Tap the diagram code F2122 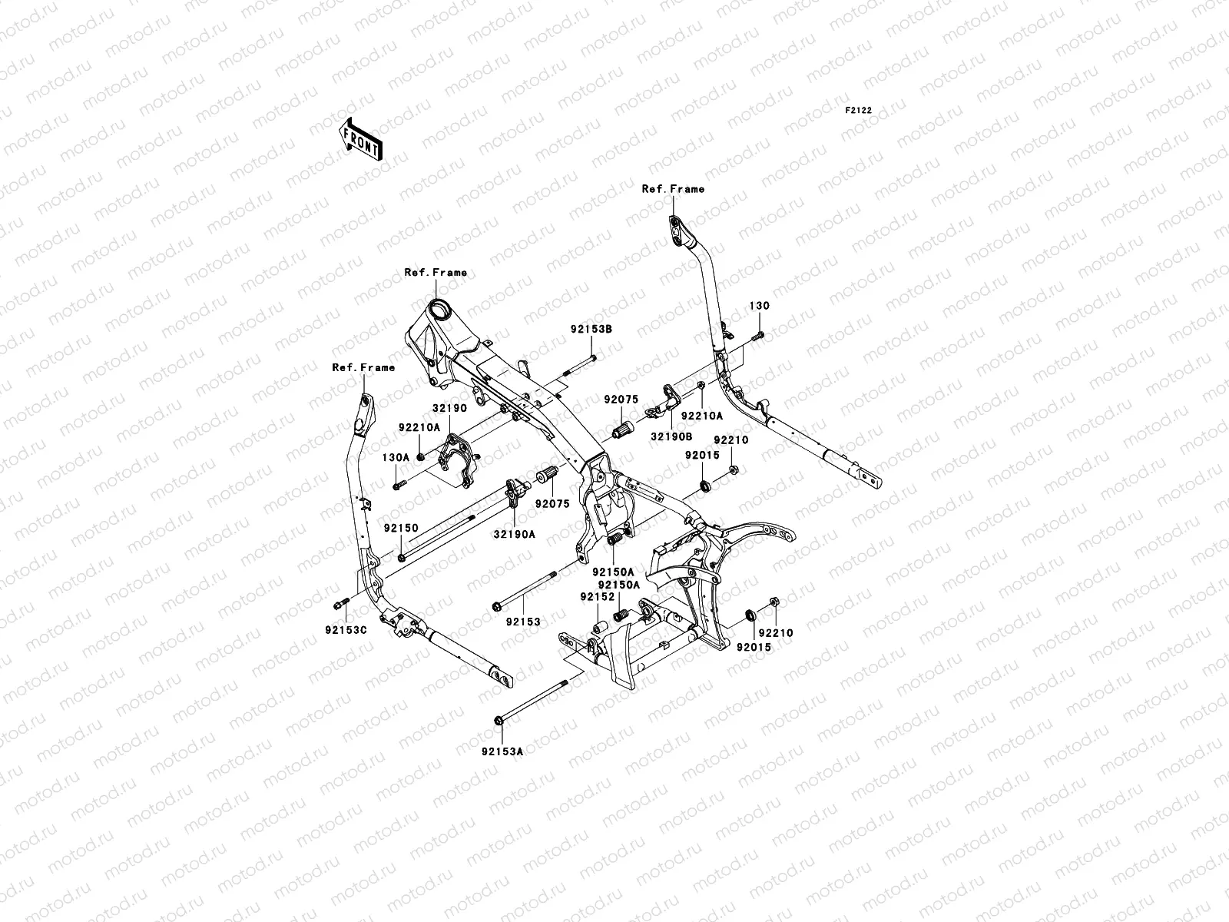point(859,111)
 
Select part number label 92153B point(591,329)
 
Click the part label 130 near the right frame point(759,306)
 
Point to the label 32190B point(672,436)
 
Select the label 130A point(396,457)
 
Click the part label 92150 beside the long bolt point(401,529)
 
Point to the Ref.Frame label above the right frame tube point(673,189)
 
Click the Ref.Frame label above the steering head point(436,273)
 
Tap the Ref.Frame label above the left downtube point(363,368)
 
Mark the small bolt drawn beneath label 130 point(759,334)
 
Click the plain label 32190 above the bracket point(449,409)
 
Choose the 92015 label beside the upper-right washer point(702,455)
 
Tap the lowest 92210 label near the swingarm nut point(777,633)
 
